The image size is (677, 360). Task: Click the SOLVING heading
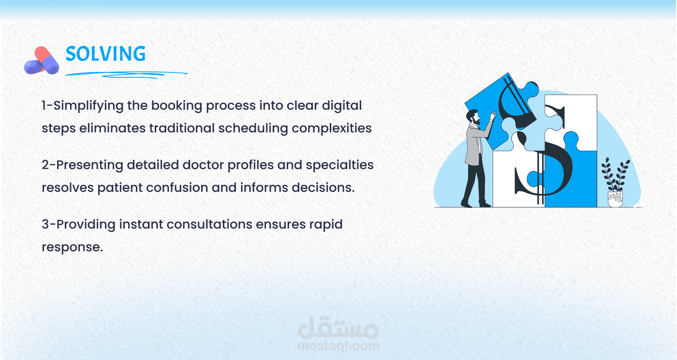point(105,54)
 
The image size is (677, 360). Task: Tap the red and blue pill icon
point(42,60)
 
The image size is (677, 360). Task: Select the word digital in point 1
point(342,106)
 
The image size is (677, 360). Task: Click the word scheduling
point(253,129)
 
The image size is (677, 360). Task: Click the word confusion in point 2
point(177,187)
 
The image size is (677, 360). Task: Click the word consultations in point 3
point(209,224)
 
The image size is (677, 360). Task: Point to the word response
point(72,247)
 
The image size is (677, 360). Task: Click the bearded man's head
point(473,116)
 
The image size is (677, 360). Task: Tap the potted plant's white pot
point(615,199)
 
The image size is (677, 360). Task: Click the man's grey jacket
point(475,144)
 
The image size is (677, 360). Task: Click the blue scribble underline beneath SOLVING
point(126,74)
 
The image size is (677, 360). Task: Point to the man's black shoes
point(476,204)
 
